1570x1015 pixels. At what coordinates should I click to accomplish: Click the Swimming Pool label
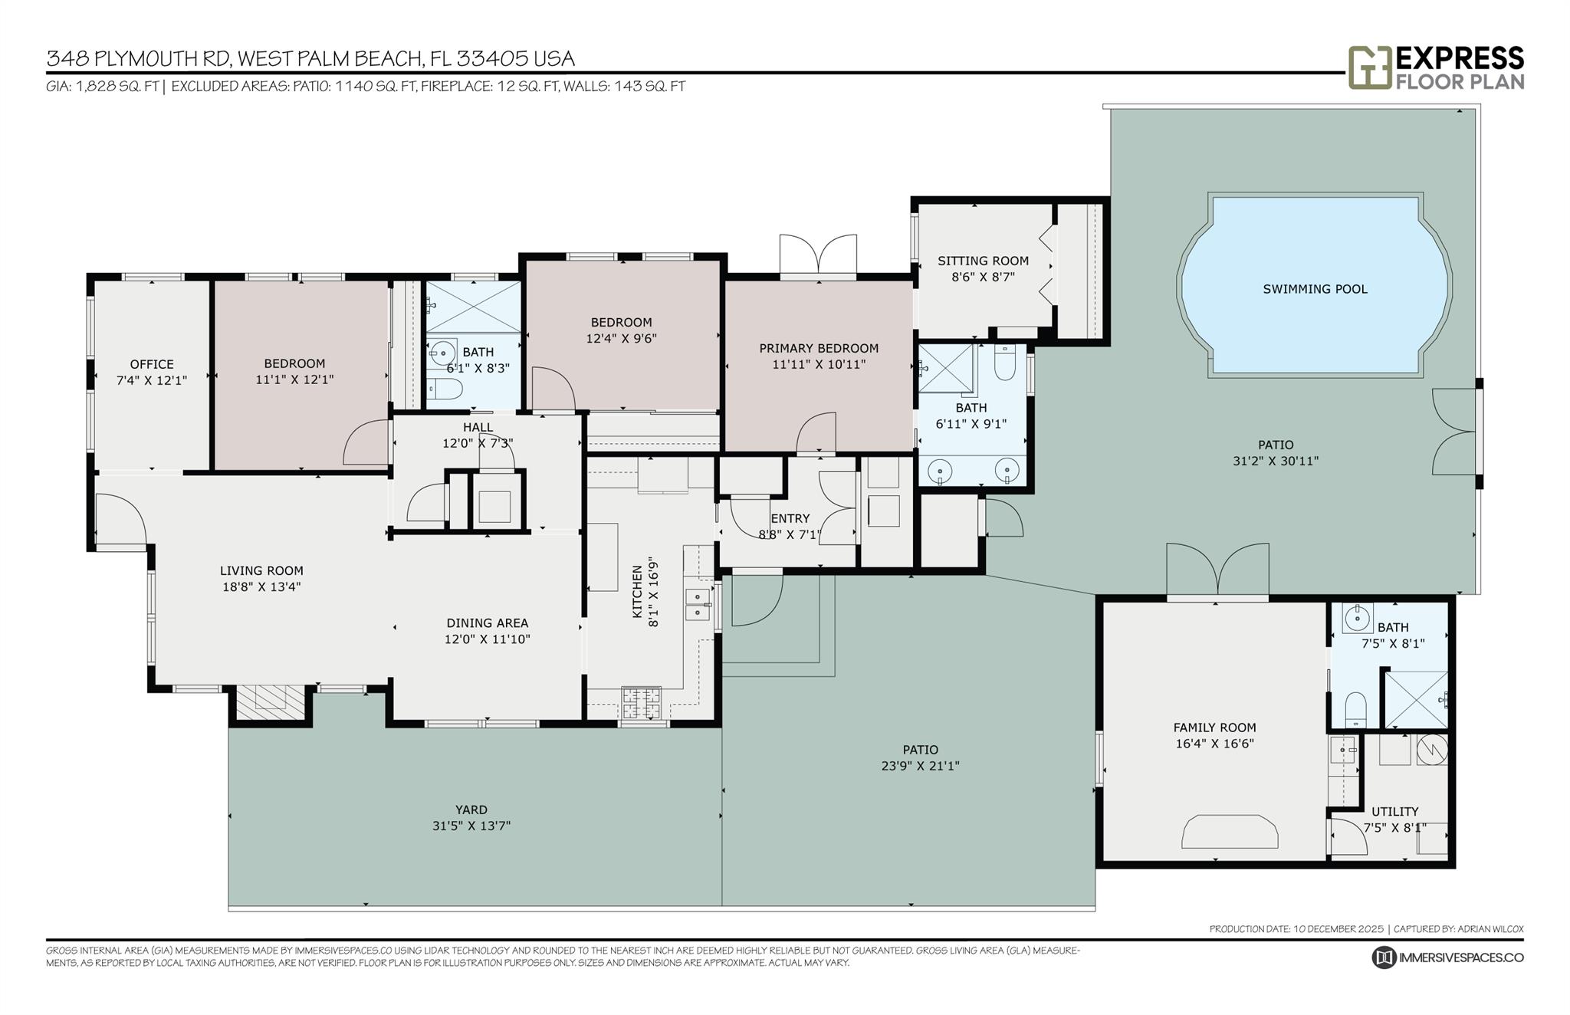coord(1315,289)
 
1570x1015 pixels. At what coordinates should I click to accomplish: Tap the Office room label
coord(152,364)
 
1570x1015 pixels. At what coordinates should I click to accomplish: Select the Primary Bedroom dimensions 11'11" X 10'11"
coord(819,364)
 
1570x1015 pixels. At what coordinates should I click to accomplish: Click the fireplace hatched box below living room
coord(271,701)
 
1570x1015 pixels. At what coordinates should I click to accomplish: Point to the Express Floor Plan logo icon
coord(1369,67)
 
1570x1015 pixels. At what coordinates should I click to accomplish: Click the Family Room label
coord(1214,728)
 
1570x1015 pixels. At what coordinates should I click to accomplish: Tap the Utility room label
coord(1394,811)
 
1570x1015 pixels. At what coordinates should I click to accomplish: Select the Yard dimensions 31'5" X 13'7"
coord(471,826)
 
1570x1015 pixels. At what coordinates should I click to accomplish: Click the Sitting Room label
coord(983,261)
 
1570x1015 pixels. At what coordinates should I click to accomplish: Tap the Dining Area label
coord(488,623)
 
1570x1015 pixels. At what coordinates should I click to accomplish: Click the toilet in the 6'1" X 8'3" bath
coord(444,388)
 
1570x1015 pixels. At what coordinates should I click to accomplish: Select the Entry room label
coord(790,518)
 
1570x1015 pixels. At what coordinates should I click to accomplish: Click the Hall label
coord(478,427)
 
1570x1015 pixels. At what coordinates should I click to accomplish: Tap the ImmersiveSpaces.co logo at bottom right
coord(1383,958)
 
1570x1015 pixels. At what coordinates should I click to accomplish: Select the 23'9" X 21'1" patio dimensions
coord(920,765)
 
